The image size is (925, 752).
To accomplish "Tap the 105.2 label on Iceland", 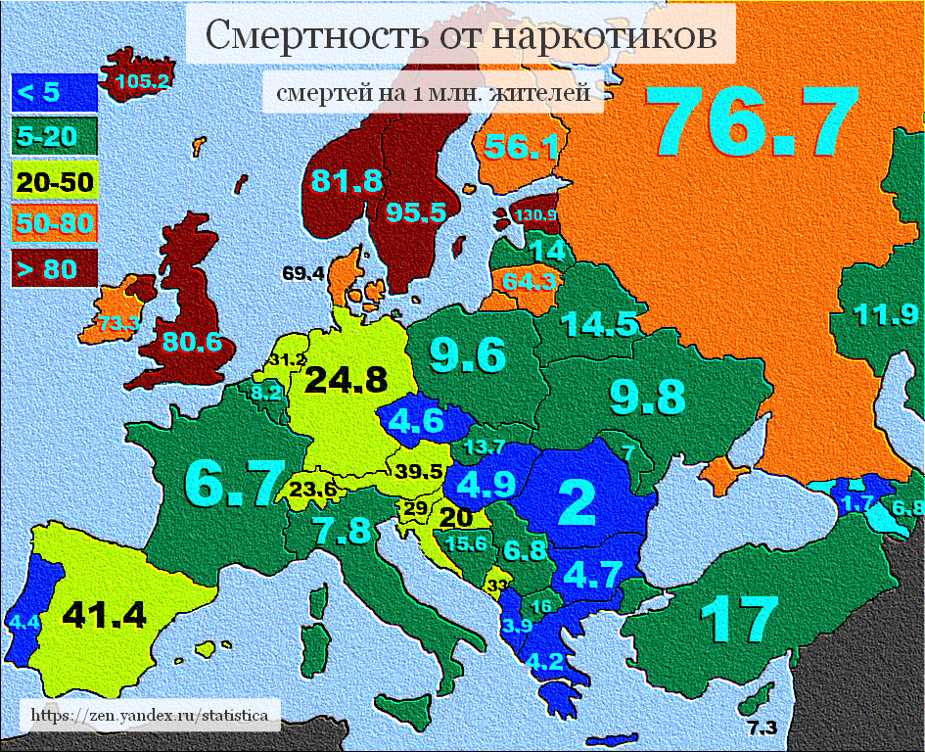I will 142,81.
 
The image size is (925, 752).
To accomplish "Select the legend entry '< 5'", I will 40,94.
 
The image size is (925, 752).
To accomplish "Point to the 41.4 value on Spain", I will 104,614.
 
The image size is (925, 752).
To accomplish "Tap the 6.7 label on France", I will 228,482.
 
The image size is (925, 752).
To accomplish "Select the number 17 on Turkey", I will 740,619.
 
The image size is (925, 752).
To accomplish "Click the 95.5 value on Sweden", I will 415,212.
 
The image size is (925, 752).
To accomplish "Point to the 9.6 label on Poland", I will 468,354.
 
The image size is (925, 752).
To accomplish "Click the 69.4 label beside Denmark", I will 302,273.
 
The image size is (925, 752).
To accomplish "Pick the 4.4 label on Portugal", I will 23,621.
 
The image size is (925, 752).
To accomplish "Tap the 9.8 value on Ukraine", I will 646,396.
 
